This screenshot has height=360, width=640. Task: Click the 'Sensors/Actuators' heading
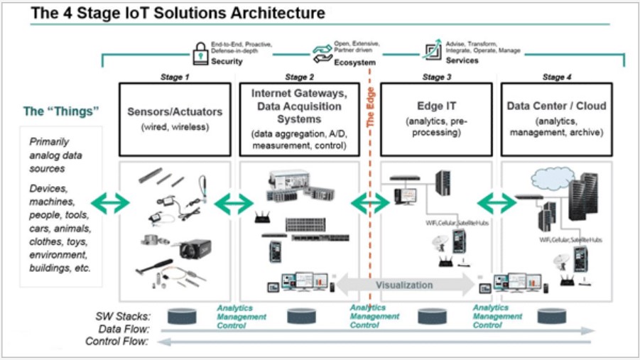point(174,111)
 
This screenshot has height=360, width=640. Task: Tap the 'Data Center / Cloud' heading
point(556,106)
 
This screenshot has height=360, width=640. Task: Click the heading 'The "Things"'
point(61,111)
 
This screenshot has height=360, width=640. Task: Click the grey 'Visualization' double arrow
point(404,285)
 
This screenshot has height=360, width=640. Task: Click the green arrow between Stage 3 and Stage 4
point(496,202)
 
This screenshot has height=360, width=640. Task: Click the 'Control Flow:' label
point(116,342)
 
